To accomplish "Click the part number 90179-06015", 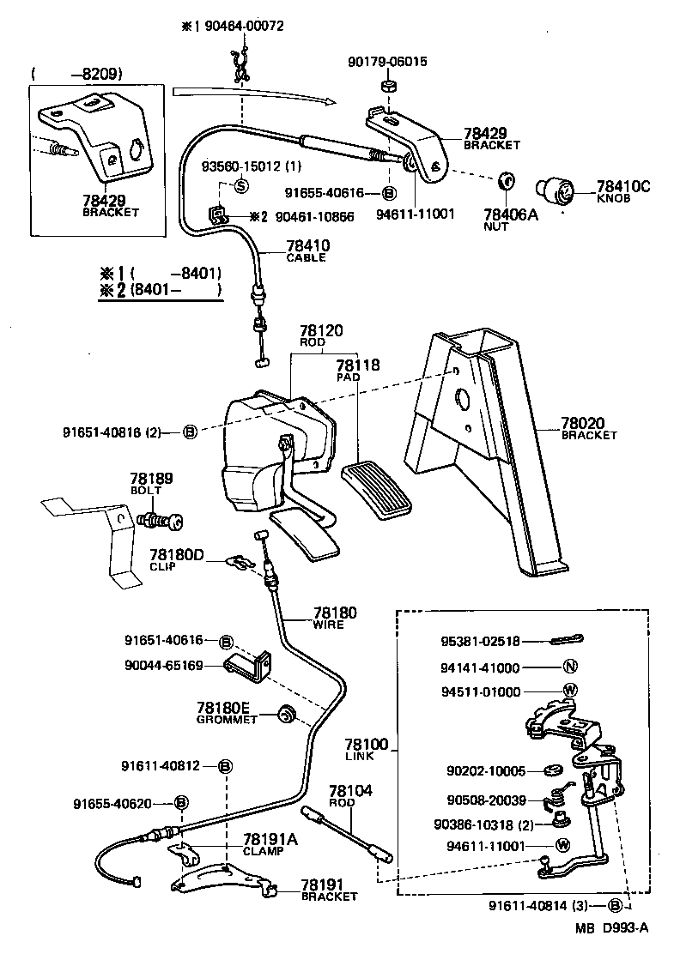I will click(387, 62).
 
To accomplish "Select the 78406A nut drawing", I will click(507, 182).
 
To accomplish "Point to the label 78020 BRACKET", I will click(589, 428).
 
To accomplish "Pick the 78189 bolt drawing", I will click(161, 520).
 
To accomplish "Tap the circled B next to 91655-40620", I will click(181, 803).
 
